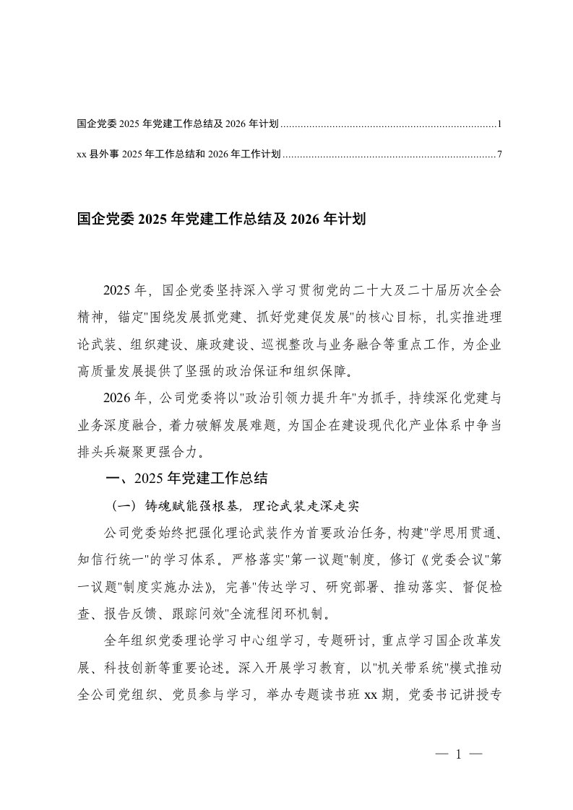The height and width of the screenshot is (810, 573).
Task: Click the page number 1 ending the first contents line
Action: coord(499,125)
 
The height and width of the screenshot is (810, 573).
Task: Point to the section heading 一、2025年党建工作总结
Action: coord(187,477)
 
